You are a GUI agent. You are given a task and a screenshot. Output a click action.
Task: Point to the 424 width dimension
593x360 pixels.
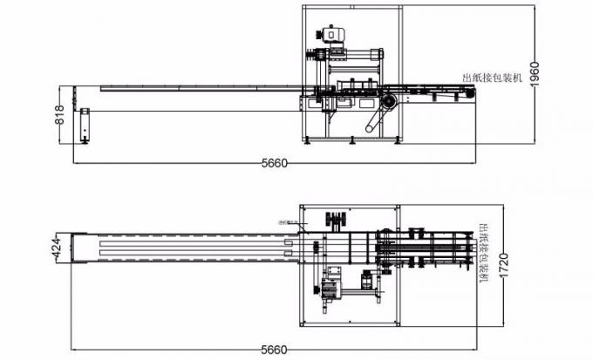point(56,247)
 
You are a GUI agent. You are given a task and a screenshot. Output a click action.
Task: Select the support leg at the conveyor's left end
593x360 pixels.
point(85,126)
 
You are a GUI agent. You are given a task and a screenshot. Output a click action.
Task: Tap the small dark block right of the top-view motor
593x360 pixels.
point(367,281)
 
